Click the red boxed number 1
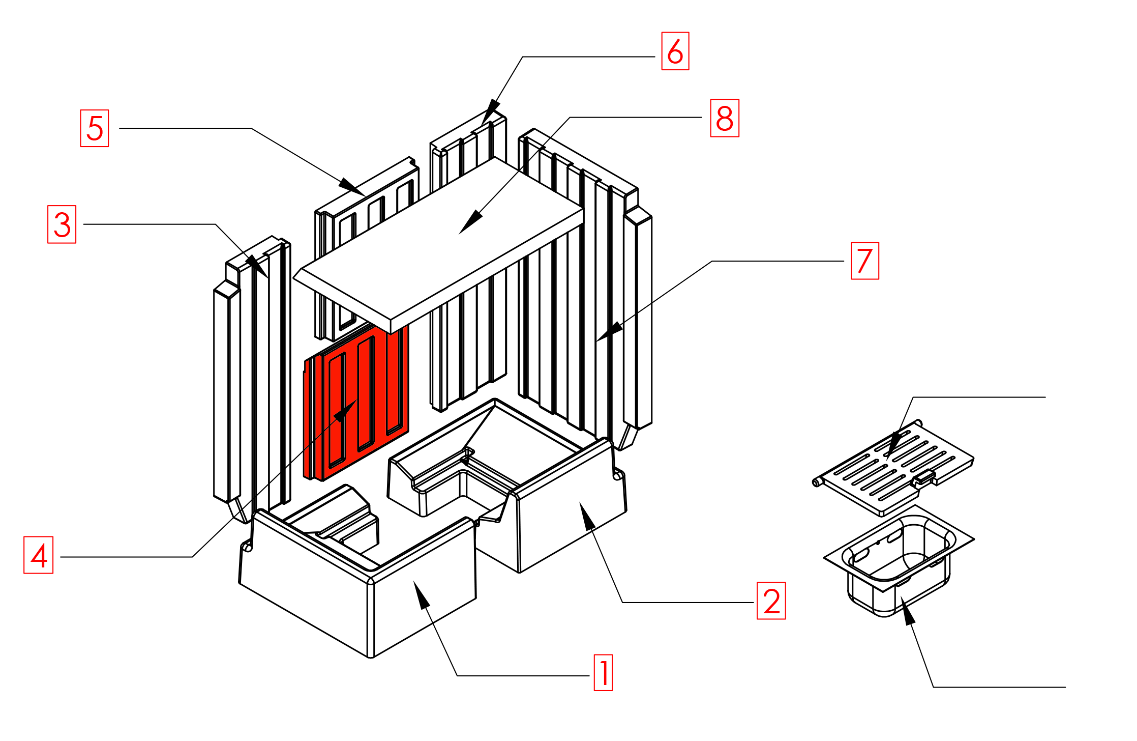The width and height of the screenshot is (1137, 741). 603,672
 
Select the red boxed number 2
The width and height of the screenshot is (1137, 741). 771,601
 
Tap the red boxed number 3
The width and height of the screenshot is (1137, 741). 62,224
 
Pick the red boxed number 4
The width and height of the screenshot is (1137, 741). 39,555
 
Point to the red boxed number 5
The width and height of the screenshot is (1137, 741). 95,128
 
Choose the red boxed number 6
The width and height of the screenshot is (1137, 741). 675,51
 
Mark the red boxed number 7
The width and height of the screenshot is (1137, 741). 864,261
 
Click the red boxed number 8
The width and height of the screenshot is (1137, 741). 724,118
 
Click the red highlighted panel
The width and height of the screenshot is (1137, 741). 356,402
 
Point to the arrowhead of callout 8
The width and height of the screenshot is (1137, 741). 469,224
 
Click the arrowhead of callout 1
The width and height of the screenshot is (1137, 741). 421,593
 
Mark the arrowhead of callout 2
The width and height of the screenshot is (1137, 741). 586,514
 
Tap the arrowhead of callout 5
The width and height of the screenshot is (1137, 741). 352,186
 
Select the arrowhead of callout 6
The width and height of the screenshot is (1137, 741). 489,112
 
